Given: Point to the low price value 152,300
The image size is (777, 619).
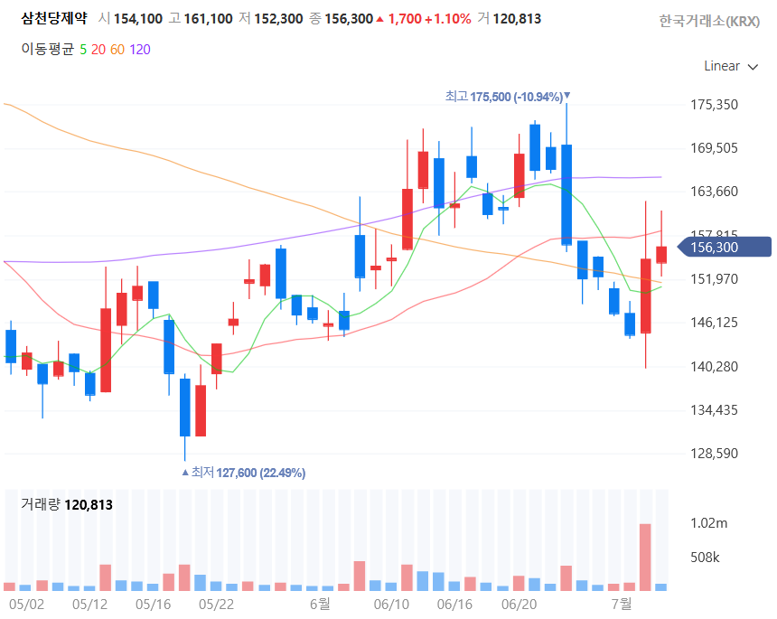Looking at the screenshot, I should [x=277, y=18].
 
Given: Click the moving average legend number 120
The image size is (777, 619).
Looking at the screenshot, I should [x=140, y=49].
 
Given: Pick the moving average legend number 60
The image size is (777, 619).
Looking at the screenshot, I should [x=117, y=49].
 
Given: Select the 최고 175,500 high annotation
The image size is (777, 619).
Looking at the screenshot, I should [x=506, y=97].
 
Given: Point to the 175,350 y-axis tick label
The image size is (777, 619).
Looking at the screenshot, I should [x=714, y=105].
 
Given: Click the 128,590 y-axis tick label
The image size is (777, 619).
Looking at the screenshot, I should [x=714, y=454].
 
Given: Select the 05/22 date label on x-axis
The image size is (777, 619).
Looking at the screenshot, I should [x=216, y=603].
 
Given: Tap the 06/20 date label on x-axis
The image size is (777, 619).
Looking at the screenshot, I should [x=519, y=603].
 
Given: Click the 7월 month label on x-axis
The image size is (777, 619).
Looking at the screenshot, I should [x=621, y=603].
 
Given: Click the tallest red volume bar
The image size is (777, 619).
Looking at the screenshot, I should [x=645, y=557].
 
